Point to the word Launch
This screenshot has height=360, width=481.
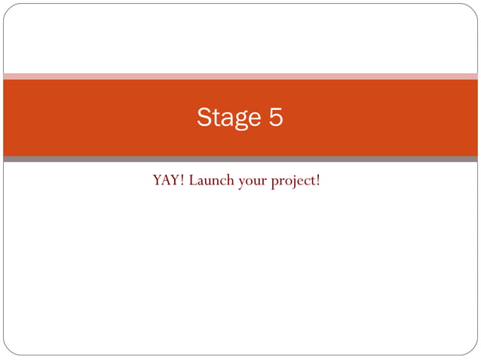tap(211, 181)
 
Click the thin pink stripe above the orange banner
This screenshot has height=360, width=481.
tap(240, 76)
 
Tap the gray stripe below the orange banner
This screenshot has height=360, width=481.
tap(240, 159)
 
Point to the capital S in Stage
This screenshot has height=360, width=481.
tap(204, 117)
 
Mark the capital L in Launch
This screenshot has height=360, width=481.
tap(193, 181)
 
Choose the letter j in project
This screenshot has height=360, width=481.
tap(293, 182)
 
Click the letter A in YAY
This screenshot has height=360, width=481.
tap(168, 181)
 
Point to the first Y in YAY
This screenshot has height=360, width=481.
tap(158, 181)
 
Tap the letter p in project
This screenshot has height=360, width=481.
tap(275, 183)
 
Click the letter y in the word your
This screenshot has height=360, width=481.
tap(241, 183)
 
